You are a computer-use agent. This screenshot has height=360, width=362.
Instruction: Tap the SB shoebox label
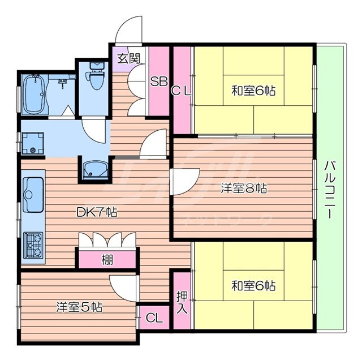click(158, 81)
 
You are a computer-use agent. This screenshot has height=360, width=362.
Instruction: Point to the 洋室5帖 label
click(79, 307)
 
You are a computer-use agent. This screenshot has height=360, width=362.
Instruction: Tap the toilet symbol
click(95, 82)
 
